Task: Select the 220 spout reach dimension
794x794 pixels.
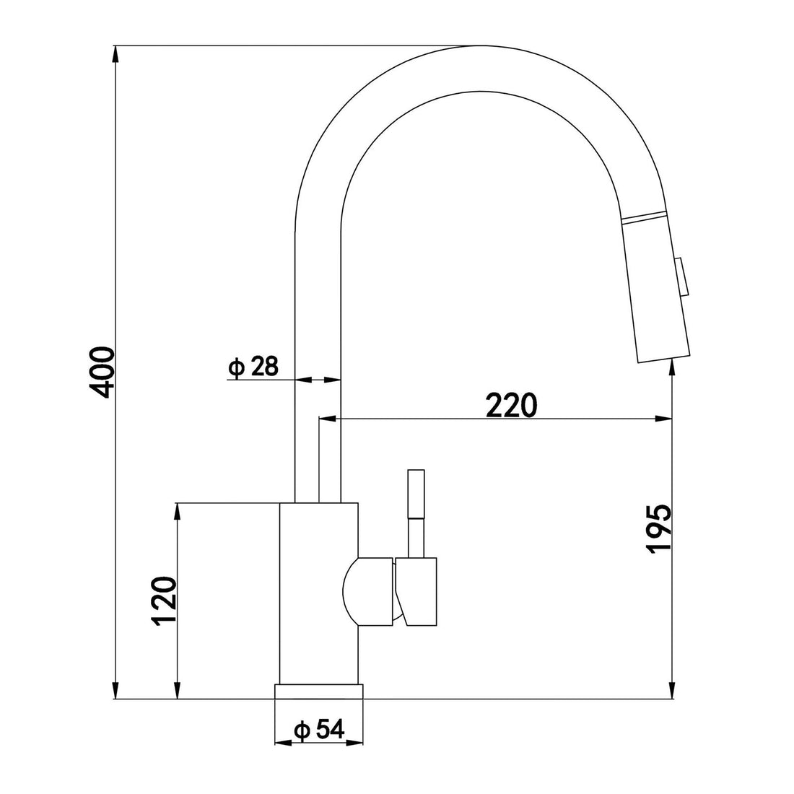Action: pos(511,406)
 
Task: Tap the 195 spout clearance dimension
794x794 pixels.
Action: pos(658,529)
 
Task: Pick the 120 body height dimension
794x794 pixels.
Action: pos(165,601)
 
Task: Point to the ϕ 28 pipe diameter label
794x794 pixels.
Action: pos(252,367)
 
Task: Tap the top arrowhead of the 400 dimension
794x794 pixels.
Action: pos(115,53)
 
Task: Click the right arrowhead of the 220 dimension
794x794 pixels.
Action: pos(662,418)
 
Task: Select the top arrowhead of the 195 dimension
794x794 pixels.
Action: pos(673,367)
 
